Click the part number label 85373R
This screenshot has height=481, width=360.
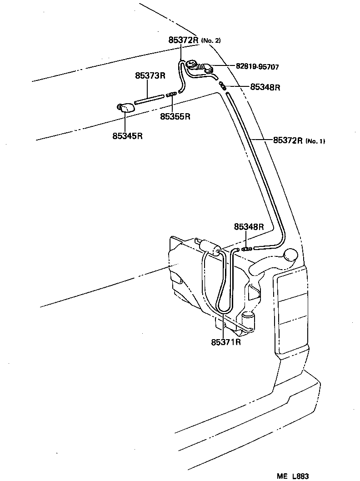click(x=150, y=76)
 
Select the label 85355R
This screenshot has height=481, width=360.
click(x=175, y=116)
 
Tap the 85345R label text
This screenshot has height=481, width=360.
click(x=128, y=135)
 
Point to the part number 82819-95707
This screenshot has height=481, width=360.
click(x=257, y=66)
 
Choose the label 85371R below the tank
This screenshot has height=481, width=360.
click(x=225, y=341)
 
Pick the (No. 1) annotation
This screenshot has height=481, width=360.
click(x=315, y=141)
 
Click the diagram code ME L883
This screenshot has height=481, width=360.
click(x=293, y=476)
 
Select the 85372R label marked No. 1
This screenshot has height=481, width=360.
click(x=288, y=140)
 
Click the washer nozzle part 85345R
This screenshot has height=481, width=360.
click(x=125, y=108)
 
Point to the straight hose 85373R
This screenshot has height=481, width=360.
click(x=149, y=100)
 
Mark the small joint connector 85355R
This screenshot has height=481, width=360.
click(x=171, y=95)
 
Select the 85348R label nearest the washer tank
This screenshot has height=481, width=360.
click(x=249, y=226)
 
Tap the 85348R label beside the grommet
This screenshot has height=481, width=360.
click(x=265, y=87)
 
